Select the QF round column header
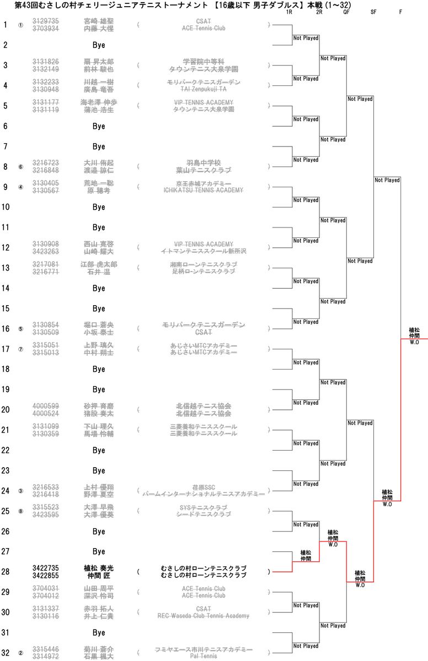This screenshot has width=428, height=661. point(346,12)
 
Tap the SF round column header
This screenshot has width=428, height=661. point(373,12)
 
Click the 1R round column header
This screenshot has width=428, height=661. point(290,12)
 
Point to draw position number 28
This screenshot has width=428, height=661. point(6,572)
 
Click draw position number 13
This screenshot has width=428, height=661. point(6,268)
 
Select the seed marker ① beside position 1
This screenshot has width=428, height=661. point(21,25)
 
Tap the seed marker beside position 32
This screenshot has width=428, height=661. point(21,653)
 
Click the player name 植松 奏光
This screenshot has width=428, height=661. point(99,568)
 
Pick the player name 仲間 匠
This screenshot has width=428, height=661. point(99,575)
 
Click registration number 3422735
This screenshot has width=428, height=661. point(46,568)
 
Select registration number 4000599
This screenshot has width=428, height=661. point(46,406)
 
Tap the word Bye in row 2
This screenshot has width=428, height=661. point(99,45)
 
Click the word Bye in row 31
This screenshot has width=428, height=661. point(99,632)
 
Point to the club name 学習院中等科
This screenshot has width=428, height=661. point(204,61)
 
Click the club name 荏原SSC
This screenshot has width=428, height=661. point(204,487)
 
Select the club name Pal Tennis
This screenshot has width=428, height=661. point(204,656)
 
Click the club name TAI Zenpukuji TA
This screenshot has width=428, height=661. point(204,89)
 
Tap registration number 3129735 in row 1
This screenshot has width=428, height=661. point(46,21)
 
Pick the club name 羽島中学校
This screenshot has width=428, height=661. point(204,162)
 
